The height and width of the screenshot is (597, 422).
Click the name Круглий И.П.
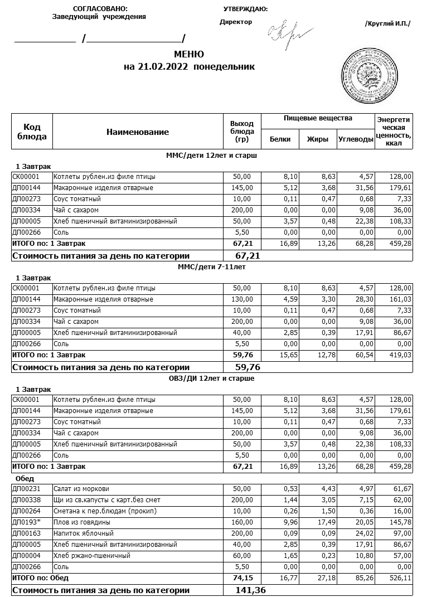(387, 23)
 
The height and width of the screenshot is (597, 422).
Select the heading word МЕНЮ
(189, 55)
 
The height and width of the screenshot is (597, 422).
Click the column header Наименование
(137, 132)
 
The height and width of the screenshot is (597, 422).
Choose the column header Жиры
(318, 139)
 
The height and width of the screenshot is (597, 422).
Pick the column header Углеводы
(356, 139)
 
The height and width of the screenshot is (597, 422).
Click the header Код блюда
(32, 132)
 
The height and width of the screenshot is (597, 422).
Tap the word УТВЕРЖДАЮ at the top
(245, 9)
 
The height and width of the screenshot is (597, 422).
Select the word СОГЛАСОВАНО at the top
(100, 9)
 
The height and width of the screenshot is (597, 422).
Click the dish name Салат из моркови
(81, 489)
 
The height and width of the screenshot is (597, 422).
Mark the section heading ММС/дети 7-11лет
(211, 267)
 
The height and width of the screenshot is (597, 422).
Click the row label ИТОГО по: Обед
(40, 578)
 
